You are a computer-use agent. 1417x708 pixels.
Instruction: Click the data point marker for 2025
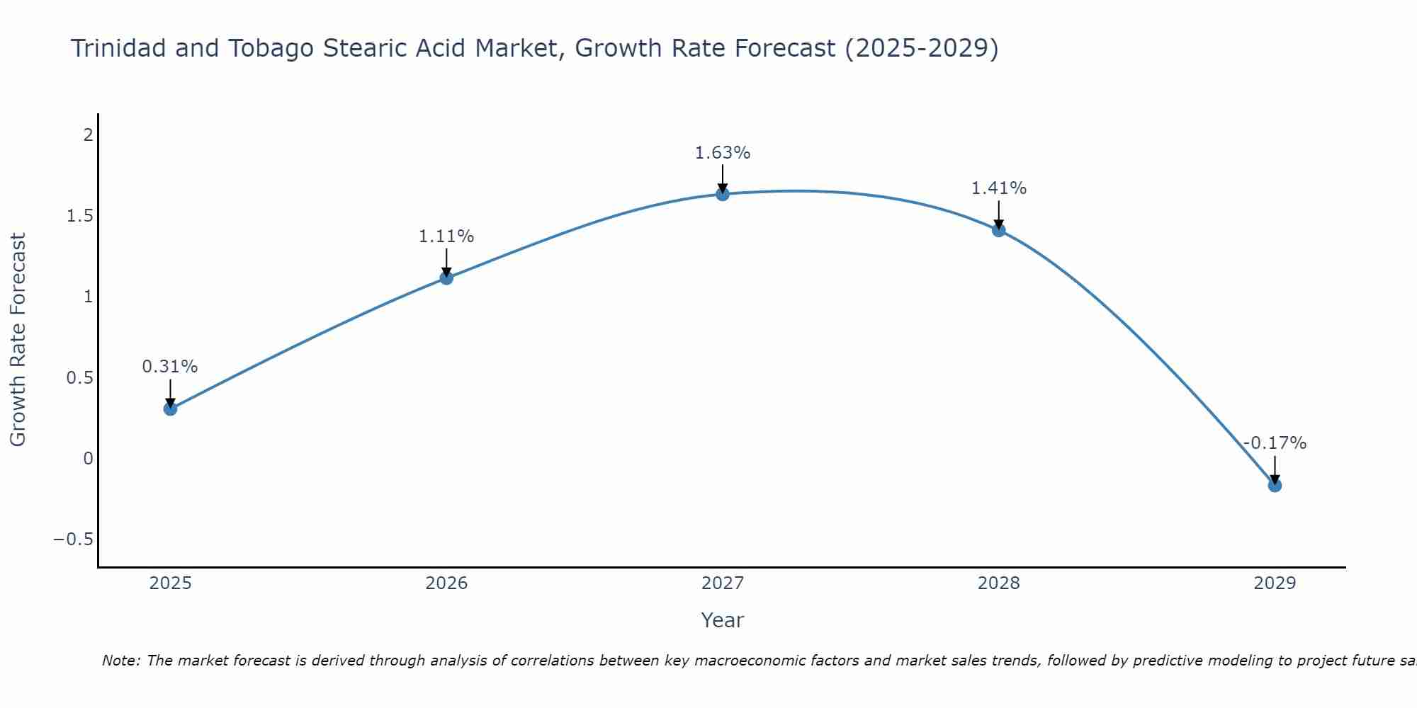(170, 409)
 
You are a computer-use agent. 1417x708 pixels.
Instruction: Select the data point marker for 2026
(446, 278)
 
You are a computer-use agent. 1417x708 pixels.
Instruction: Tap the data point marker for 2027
(723, 194)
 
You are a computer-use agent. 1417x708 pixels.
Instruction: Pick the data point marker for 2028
(999, 230)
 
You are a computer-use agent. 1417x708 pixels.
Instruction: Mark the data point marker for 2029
(1275, 485)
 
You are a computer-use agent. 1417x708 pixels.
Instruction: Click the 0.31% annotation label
(170, 367)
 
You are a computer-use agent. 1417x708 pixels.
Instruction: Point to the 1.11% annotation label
(446, 236)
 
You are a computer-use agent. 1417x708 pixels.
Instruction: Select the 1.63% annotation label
(723, 153)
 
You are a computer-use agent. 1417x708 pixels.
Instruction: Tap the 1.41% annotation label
(999, 188)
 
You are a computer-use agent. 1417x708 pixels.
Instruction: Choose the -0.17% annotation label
(1275, 443)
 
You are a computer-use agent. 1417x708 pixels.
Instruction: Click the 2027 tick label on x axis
(723, 583)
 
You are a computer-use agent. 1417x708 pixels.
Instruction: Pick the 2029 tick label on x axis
(1275, 583)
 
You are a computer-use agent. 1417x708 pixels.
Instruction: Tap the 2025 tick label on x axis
(171, 583)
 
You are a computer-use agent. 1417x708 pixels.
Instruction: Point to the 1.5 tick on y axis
(80, 216)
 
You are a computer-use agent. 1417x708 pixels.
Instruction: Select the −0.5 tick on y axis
(74, 539)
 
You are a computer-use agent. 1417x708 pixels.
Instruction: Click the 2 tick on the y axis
(89, 135)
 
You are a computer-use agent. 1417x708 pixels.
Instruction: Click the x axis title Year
(723, 620)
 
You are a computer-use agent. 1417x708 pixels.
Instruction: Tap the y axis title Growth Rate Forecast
(18, 340)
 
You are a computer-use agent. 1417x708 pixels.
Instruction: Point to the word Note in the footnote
(121, 661)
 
